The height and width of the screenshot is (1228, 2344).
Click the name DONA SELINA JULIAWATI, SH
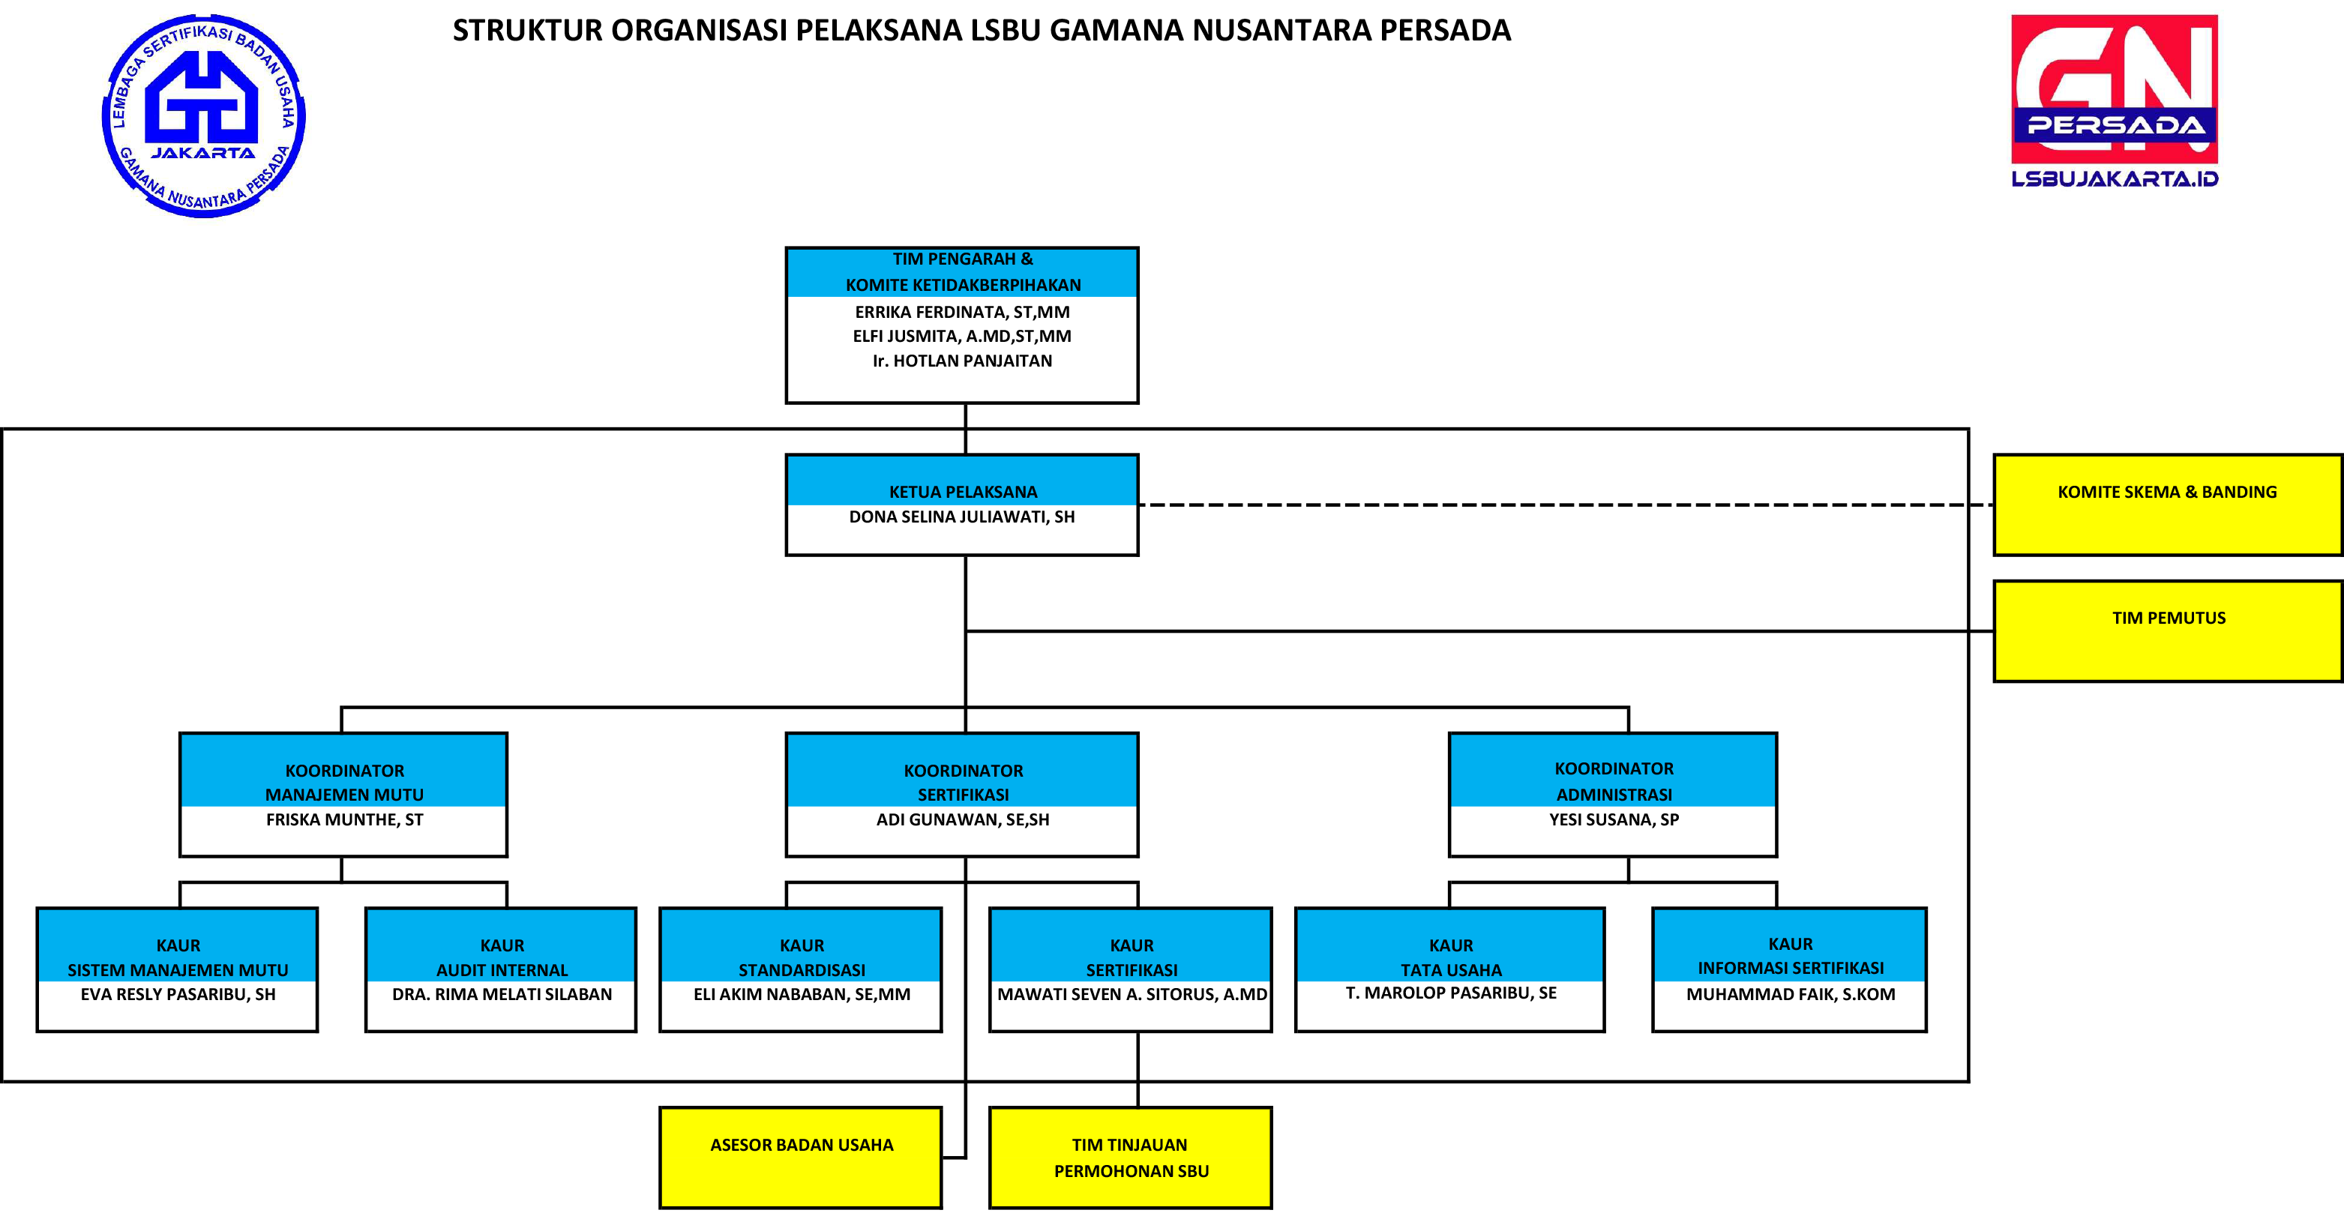point(962,517)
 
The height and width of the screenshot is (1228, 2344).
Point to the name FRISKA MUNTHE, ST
point(344,819)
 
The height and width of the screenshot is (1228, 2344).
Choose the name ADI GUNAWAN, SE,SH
point(963,819)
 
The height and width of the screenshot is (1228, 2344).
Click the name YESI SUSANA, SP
point(1614,819)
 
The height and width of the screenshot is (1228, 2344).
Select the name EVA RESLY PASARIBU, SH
point(178,994)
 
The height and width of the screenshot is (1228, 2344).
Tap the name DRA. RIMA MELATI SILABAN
point(502,994)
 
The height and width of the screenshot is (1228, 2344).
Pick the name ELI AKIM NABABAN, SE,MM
point(802,994)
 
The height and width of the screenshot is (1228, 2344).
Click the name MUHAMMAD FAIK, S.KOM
point(1790,994)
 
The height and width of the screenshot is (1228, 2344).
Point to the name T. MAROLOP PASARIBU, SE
point(1450,993)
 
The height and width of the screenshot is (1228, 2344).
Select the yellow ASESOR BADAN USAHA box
point(801,1157)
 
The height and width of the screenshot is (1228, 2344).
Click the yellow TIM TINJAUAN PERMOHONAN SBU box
point(1130,1157)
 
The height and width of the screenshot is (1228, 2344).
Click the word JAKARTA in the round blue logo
point(204,153)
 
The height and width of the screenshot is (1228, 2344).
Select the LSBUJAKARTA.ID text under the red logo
point(2114,178)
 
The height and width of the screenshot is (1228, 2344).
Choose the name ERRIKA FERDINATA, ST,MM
point(962,312)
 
